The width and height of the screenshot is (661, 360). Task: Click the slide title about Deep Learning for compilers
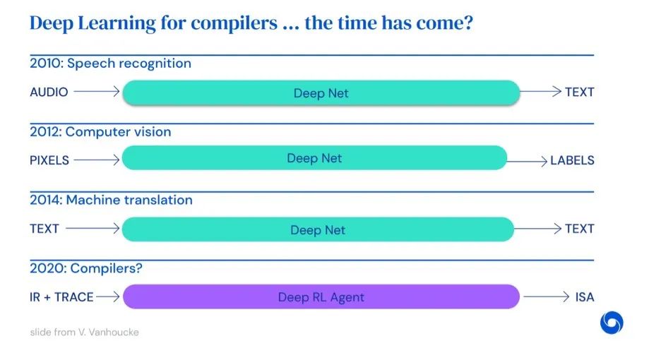coord(251,23)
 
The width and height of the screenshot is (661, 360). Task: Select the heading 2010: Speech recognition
coord(110,64)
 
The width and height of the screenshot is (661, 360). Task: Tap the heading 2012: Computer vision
coord(100,131)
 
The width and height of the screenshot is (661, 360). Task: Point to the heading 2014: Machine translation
coord(111,200)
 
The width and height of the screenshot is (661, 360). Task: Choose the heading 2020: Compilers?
coord(86,268)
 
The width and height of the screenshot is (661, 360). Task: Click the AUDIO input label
coord(49,92)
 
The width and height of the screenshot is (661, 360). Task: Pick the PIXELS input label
coord(49,160)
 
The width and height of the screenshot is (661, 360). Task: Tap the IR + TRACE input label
coord(61,296)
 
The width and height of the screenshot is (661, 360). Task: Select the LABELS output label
coord(572,160)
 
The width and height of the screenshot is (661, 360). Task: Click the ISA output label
coord(585,296)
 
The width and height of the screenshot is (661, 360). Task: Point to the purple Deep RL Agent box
coord(321,296)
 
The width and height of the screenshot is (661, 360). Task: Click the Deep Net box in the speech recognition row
coord(321,92)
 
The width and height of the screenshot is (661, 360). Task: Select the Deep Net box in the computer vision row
coord(314,157)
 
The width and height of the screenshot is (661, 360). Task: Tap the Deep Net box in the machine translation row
coord(318,229)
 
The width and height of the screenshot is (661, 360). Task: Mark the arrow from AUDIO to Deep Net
coord(97,91)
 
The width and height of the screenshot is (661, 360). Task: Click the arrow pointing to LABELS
coord(527,161)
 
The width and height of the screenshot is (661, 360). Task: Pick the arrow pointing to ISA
coord(547,296)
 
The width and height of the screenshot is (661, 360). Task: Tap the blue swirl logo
coord(612,323)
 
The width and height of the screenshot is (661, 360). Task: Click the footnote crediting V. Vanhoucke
coord(84,332)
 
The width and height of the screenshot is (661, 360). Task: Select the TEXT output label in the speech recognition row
coord(580,92)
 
